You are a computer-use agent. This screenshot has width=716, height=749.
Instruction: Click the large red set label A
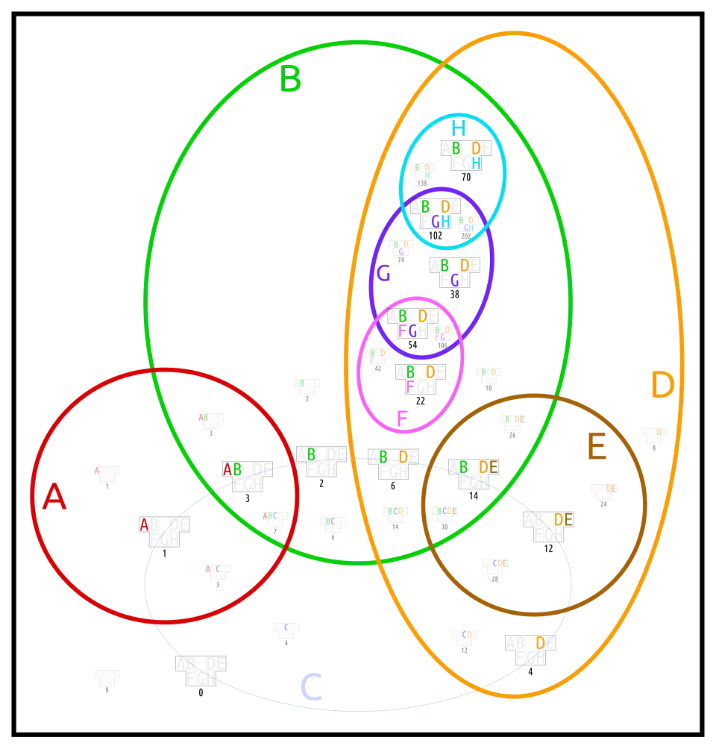coord(54,498)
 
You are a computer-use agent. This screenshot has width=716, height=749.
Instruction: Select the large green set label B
coord(291,80)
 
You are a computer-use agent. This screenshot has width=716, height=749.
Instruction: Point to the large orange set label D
coord(662,386)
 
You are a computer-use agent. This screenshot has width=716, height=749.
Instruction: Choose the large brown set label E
coord(597,449)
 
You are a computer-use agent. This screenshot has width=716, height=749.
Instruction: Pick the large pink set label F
coord(402,420)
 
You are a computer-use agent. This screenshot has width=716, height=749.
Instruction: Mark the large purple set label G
coord(383,275)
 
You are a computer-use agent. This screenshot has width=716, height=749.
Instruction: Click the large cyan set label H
coord(457,128)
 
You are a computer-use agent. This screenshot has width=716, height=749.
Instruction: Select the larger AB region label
coord(232,469)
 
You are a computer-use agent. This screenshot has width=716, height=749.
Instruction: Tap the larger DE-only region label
coord(564,519)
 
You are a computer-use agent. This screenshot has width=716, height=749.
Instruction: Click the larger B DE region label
coord(478,467)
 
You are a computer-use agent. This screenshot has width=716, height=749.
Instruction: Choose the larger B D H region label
coord(466,155)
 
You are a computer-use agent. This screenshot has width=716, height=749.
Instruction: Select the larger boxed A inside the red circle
coord(144,524)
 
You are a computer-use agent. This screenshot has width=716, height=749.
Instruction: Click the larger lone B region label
coord(311,454)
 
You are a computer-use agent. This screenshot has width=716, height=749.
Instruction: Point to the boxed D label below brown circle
coord(540,642)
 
